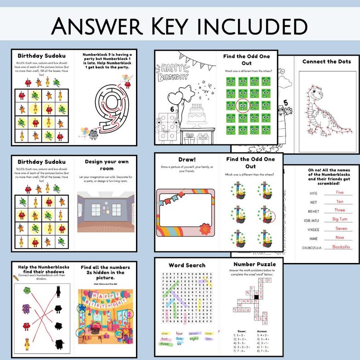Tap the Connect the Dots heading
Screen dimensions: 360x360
(326, 62)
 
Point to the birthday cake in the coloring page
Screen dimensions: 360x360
(196, 113)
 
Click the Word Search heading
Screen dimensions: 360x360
(187, 265)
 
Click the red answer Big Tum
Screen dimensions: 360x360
(340, 219)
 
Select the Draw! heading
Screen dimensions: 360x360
(187, 160)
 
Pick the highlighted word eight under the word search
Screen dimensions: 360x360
(194, 338)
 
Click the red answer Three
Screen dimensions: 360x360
(340, 210)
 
